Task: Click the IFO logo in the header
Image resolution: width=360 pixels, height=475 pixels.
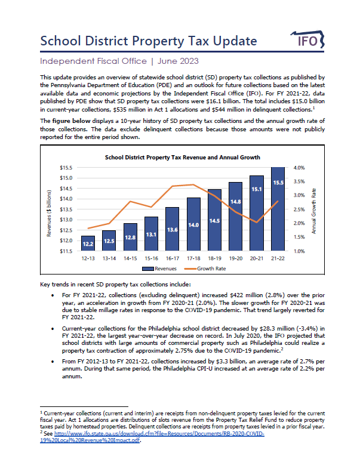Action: [307, 39]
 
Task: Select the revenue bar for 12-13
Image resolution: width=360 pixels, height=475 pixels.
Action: [88, 243]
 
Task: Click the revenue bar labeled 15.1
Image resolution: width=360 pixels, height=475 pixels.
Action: [257, 213]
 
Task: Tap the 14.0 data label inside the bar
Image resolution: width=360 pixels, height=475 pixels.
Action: [193, 225]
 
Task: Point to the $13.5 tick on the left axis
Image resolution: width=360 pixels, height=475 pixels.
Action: [66, 209]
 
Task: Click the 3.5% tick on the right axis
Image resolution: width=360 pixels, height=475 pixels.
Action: [299, 181]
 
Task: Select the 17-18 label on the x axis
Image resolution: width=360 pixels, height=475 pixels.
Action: [193, 258]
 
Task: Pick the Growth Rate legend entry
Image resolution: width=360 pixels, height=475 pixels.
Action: [205, 269]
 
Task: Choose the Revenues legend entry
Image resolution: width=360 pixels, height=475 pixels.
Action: [159, 269]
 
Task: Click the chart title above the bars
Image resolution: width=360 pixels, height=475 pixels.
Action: [183, 157]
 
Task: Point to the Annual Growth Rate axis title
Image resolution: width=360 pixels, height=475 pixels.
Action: [314, 211]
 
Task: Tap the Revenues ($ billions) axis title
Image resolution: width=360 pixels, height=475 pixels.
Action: [49, 213]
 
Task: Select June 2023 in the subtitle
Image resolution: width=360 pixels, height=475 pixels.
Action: [178, 61]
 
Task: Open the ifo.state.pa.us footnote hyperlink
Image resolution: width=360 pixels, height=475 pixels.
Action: [152, 437]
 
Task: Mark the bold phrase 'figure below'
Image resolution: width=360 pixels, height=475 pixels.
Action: [71, 121]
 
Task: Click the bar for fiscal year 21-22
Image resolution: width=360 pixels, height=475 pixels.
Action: [278, 209]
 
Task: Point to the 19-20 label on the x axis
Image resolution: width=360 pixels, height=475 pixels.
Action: [235, 258]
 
